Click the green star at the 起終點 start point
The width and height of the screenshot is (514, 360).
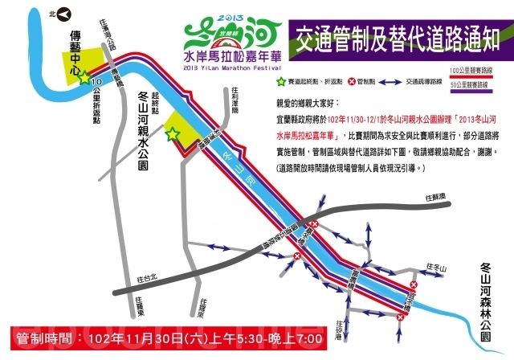(x=170, y=134)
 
